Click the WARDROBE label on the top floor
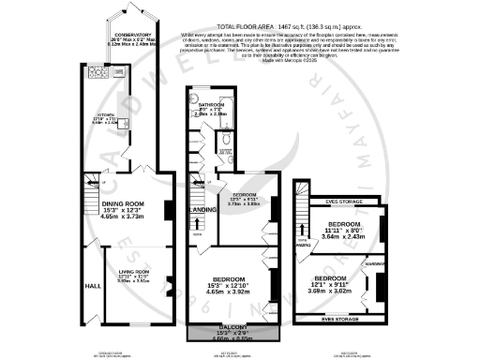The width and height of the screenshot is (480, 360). [375, 263]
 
